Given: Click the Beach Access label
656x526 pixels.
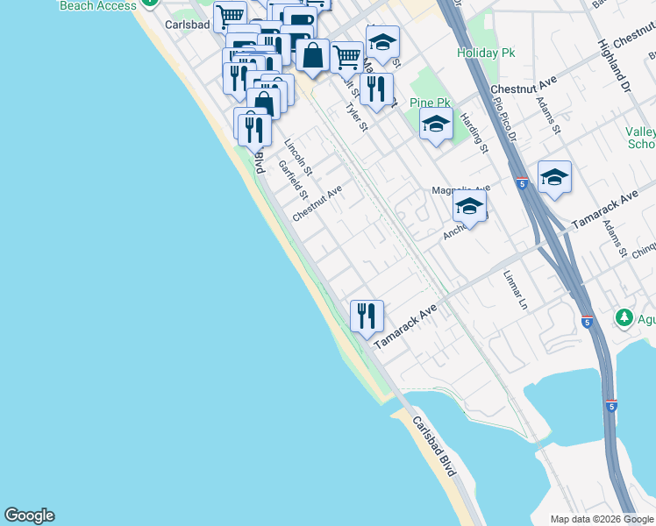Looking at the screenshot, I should pos(98,5).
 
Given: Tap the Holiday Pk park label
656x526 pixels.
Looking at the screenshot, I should pos(485,53).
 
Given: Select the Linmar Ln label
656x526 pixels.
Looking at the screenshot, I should pos(515,290).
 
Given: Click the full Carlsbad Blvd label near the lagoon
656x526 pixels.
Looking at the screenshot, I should pos(436,446).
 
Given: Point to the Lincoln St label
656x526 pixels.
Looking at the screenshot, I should pos(298,152).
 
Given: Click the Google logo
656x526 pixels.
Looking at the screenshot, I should pos(29,515).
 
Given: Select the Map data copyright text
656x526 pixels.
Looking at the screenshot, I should pos(602,519).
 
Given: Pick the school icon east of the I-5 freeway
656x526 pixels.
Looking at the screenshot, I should pos(554,177).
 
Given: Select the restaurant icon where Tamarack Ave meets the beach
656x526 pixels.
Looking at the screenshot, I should pos(367,315).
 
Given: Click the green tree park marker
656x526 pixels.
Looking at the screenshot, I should pos(624,316).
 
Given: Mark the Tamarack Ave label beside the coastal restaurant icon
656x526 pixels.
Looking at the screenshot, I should pos(405,327).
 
